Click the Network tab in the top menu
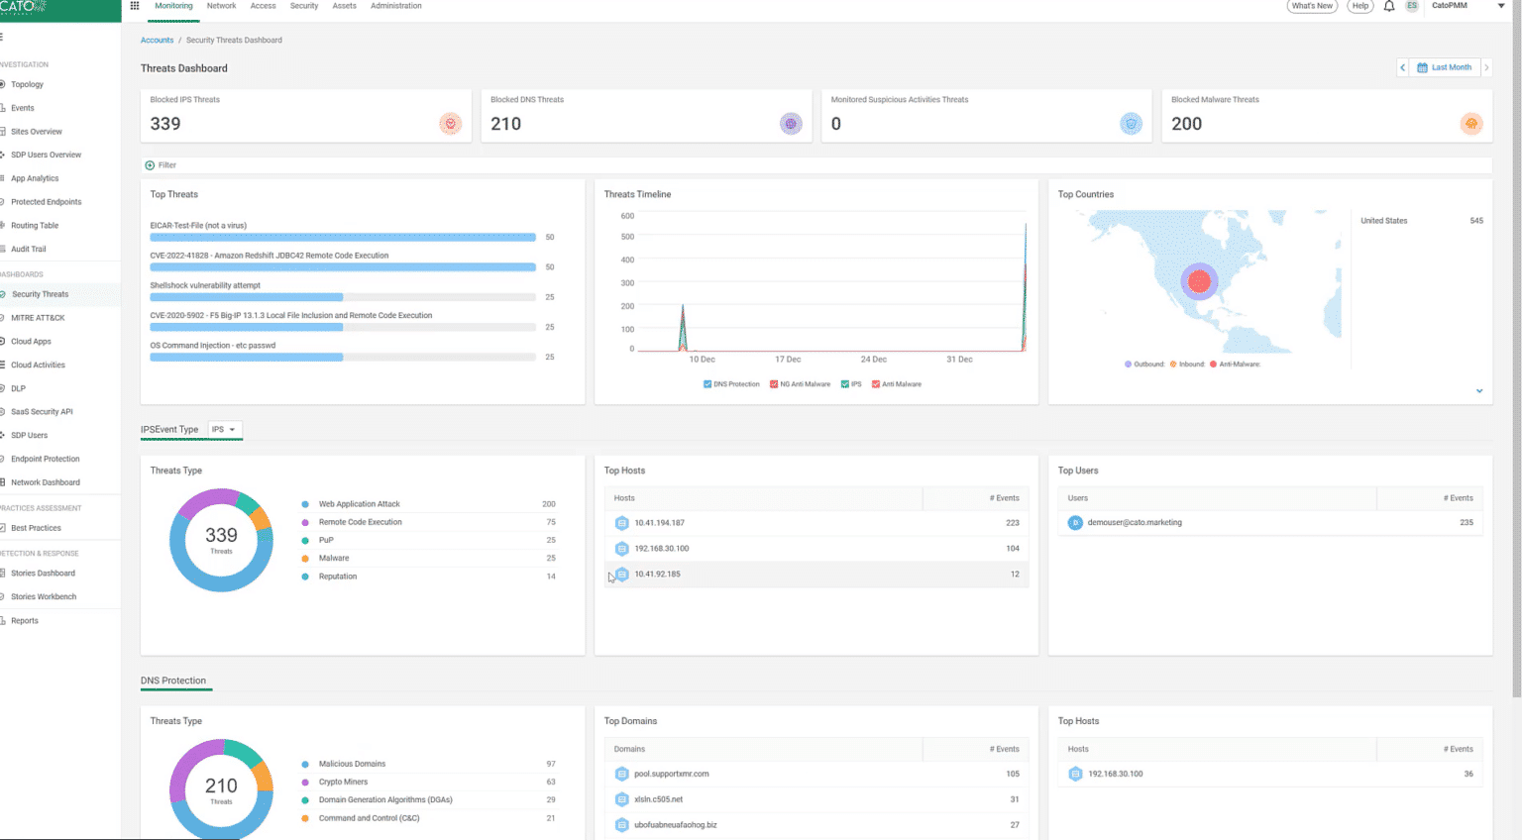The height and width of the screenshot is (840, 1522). (221, 6)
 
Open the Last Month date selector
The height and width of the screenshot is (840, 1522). (1450, 67)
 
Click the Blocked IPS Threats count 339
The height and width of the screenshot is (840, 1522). (165, 124)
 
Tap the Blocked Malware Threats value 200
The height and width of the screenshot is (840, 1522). (1186, 124)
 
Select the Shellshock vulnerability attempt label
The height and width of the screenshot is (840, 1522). (205, 285)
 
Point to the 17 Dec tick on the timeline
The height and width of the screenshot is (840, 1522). (788, 360)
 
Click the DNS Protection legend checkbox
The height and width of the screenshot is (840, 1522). (707, 384)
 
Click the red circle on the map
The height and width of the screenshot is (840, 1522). (1199, 282)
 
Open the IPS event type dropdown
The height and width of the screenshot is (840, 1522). (223, 430)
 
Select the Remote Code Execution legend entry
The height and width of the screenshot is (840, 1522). (360, 522)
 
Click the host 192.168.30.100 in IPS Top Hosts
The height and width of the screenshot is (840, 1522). (661, 549)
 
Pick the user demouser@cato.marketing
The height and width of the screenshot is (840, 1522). (1134, 523)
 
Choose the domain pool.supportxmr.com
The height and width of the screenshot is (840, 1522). (671, 774)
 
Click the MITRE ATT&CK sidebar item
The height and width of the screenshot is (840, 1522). (38, 318)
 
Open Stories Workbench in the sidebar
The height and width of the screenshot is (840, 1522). (44, 597)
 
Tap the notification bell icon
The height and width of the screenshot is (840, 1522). (1388, 6)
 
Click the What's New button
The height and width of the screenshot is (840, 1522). (1311, 6)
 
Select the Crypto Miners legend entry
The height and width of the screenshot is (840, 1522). (343, 782)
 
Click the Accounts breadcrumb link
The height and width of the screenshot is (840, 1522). (157, 41)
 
